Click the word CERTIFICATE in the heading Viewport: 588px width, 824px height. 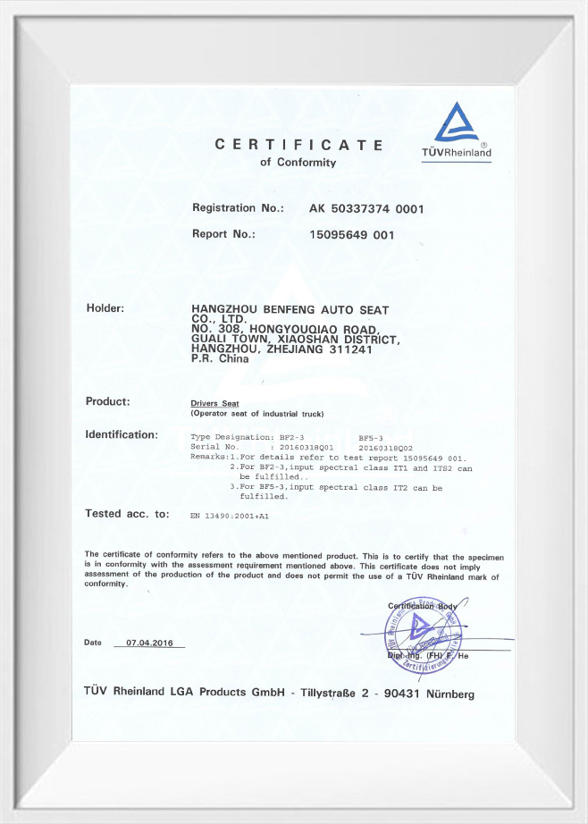pyautogui.click(x=298, y=145)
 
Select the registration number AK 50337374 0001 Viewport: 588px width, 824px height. pyautogui.click(x=365, y=209)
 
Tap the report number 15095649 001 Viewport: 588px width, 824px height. pyautogui.click(x=351, y=235)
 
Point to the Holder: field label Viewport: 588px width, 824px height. pyautogui.click(x=105, y=308)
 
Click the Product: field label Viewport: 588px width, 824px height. pyautogui.click(x=107, y=401)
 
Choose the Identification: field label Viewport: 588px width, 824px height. pyautogui.click(x=121, y=435)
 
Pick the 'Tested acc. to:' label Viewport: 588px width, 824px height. pyautogui.click(x=126, y=514)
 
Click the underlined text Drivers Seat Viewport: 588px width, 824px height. pyautogui.click(x=214, y=404)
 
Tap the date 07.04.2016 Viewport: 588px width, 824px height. pyautogui.click(x=149, y=643)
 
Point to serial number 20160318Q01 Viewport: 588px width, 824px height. pyautogui.click(x=307, y=446)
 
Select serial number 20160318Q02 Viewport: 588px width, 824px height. pyautogui.click(x=385, y=446)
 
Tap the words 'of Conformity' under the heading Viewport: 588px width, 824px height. pyautogui.click(x=298, y=163)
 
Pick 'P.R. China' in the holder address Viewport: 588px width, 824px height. pyautogui.click(x=221, y=359)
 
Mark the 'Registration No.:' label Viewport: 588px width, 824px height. pyautogui.click(x=238, y=208)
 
